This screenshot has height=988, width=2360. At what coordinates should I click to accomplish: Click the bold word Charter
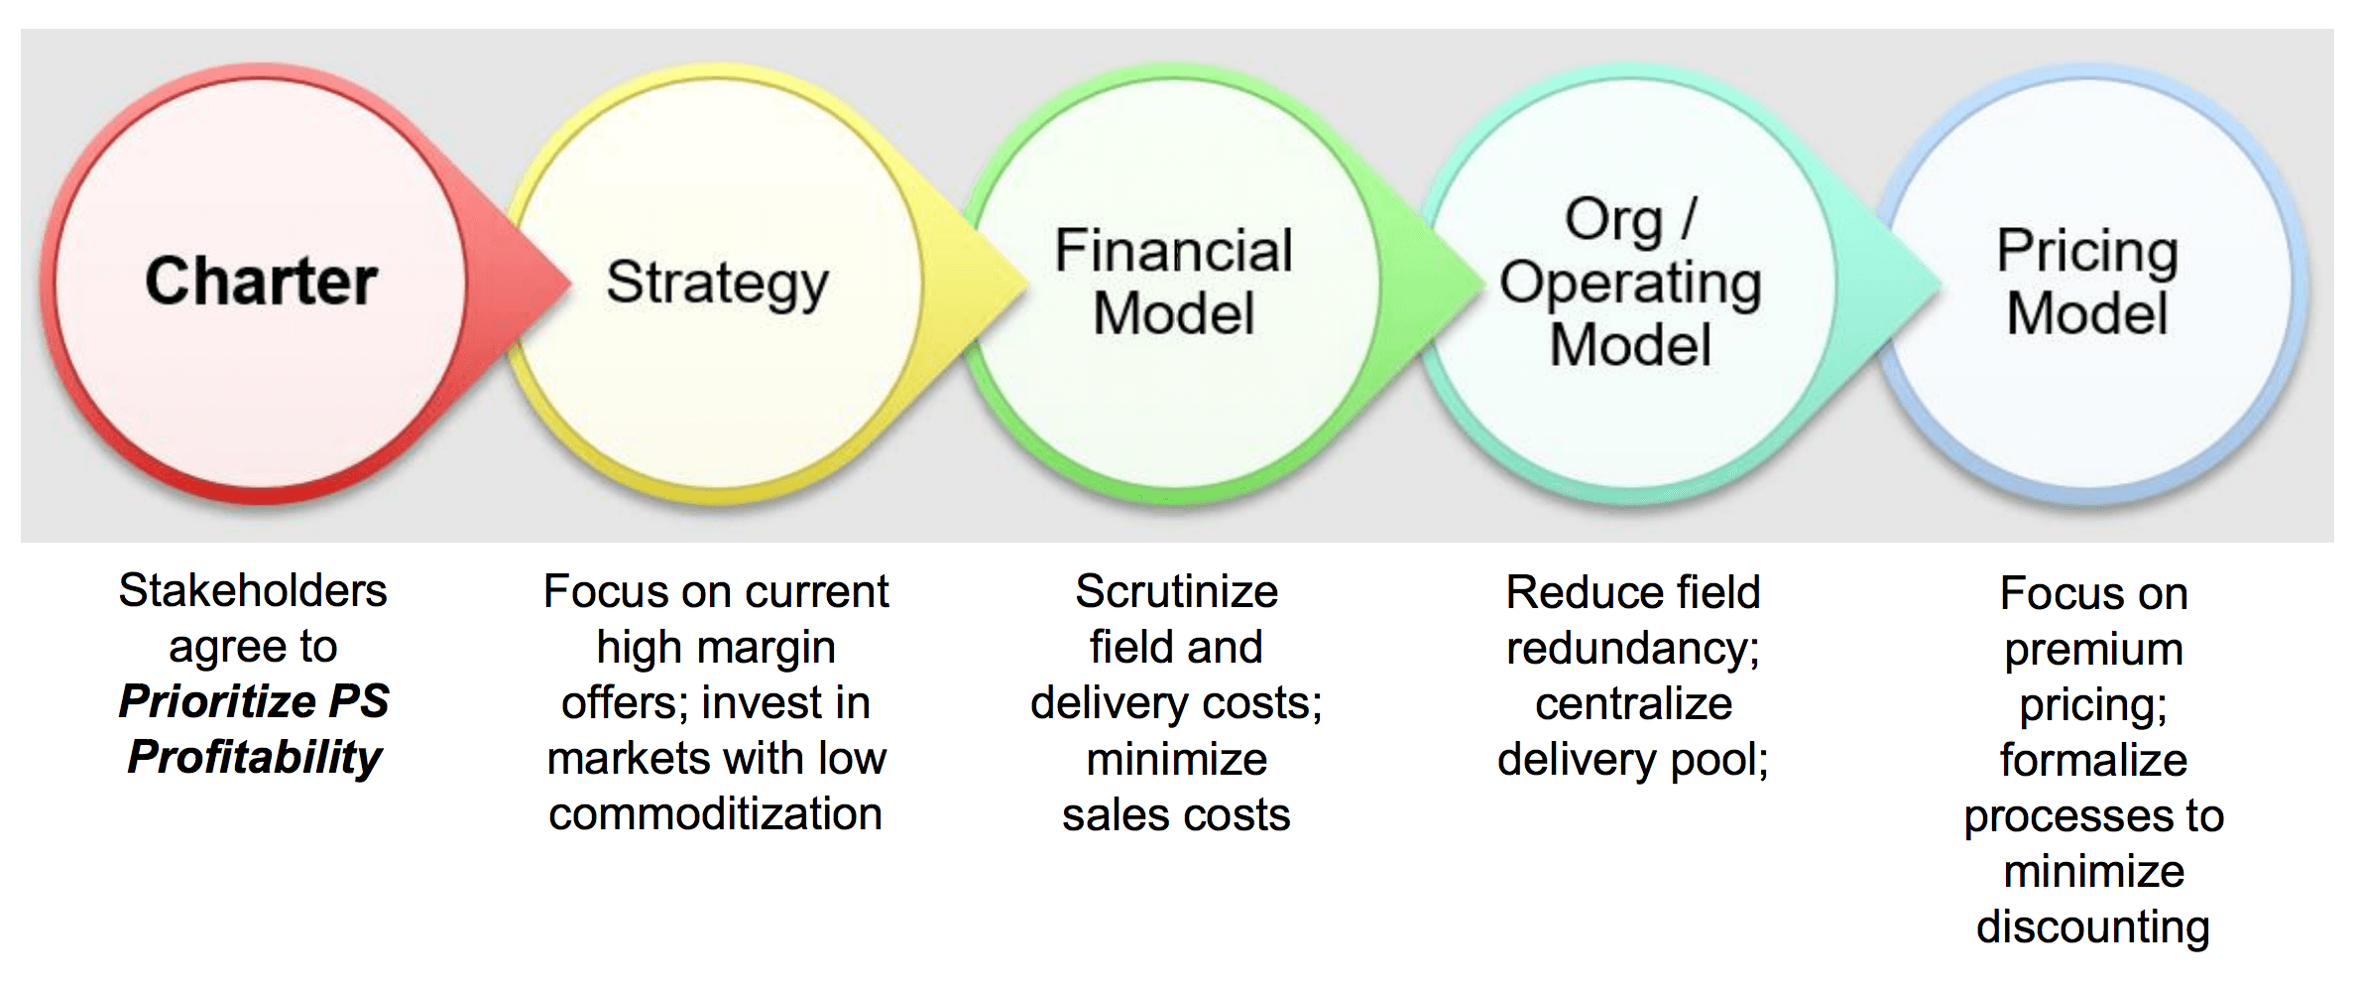click(261, 281)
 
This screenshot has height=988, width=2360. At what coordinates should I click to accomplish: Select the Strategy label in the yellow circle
click(716, 284)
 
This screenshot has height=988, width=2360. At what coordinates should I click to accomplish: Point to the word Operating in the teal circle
click(1630, 284)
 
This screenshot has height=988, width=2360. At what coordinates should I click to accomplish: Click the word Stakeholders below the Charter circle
click(253, 591)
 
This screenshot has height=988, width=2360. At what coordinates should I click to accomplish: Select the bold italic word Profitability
click(255, 758)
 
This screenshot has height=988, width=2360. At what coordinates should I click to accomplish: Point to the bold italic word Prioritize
click(216, 701)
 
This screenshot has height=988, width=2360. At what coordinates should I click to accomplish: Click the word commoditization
click(715, 814)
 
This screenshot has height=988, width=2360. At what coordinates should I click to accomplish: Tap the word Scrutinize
click(1176, 592)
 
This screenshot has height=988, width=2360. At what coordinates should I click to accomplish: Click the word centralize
click(1633, 704)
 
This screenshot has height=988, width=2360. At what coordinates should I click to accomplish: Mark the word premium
click(2093, 650)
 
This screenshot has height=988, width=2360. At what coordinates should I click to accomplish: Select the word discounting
click(2092, 927)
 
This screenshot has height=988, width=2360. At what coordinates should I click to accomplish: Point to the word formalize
click(2093, 761)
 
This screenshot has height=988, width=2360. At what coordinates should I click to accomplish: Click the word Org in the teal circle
click(1613, 220)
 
